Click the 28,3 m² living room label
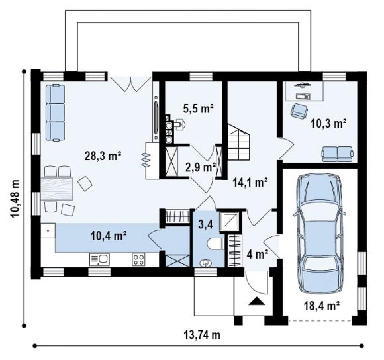[103, 156]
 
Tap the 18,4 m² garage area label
[322, 306]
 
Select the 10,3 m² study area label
[328, 124]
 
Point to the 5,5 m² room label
[199, 109]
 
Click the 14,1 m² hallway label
[250, 183]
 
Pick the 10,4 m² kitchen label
[109, 236]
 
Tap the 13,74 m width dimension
[202, 335]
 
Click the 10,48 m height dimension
[15, 199]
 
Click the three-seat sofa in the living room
[56, 112]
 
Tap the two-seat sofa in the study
[338, 154]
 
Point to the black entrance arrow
[257, 301]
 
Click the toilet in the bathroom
[216, 244]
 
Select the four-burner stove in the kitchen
[138, 259]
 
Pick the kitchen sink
[99, 259]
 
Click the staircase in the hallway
[239, 142]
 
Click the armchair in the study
[299, 111]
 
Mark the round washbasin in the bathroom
[205, 263]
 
